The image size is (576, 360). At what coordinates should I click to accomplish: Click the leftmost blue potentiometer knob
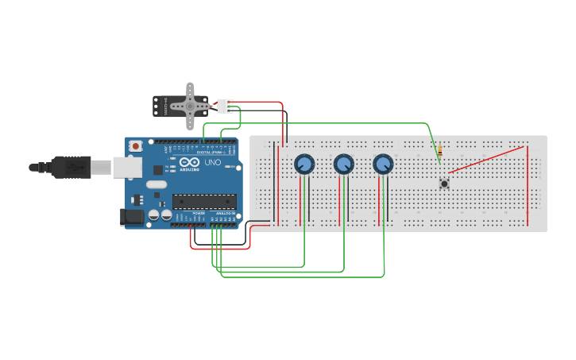pos(303,165)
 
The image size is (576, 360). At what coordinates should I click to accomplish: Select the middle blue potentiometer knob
pos(343,165)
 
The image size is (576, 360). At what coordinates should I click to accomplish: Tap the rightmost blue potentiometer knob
pos(383,165)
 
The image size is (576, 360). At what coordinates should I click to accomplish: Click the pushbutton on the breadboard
pos(444,184)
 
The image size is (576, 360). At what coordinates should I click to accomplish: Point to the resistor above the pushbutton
pos(439,151)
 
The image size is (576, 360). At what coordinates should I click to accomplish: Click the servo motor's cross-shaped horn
pos(190,106)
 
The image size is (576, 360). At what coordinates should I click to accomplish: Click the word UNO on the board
pos(213,162)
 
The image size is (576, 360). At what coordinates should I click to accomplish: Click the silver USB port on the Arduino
pos(126,166)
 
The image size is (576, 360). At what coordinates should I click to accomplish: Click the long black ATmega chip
pos(204,202)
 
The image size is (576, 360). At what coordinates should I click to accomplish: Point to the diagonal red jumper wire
pos(486,159)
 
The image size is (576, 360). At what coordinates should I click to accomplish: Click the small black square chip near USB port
pos(157,168)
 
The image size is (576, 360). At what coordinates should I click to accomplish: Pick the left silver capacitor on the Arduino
pos(153,215)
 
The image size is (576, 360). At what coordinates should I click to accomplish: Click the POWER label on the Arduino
pos(199,214)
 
